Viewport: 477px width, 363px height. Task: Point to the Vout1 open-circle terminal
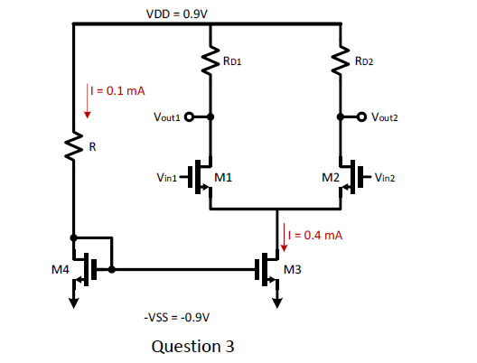click(190, 116)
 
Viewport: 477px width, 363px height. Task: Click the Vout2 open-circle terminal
click(362, 116)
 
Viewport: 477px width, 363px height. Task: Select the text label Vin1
click(167, 177)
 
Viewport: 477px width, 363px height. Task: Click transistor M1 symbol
click(203, 173)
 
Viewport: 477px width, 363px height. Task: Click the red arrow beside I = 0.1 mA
click(88, 100)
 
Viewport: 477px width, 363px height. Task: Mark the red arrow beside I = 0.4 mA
click(284, 232)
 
